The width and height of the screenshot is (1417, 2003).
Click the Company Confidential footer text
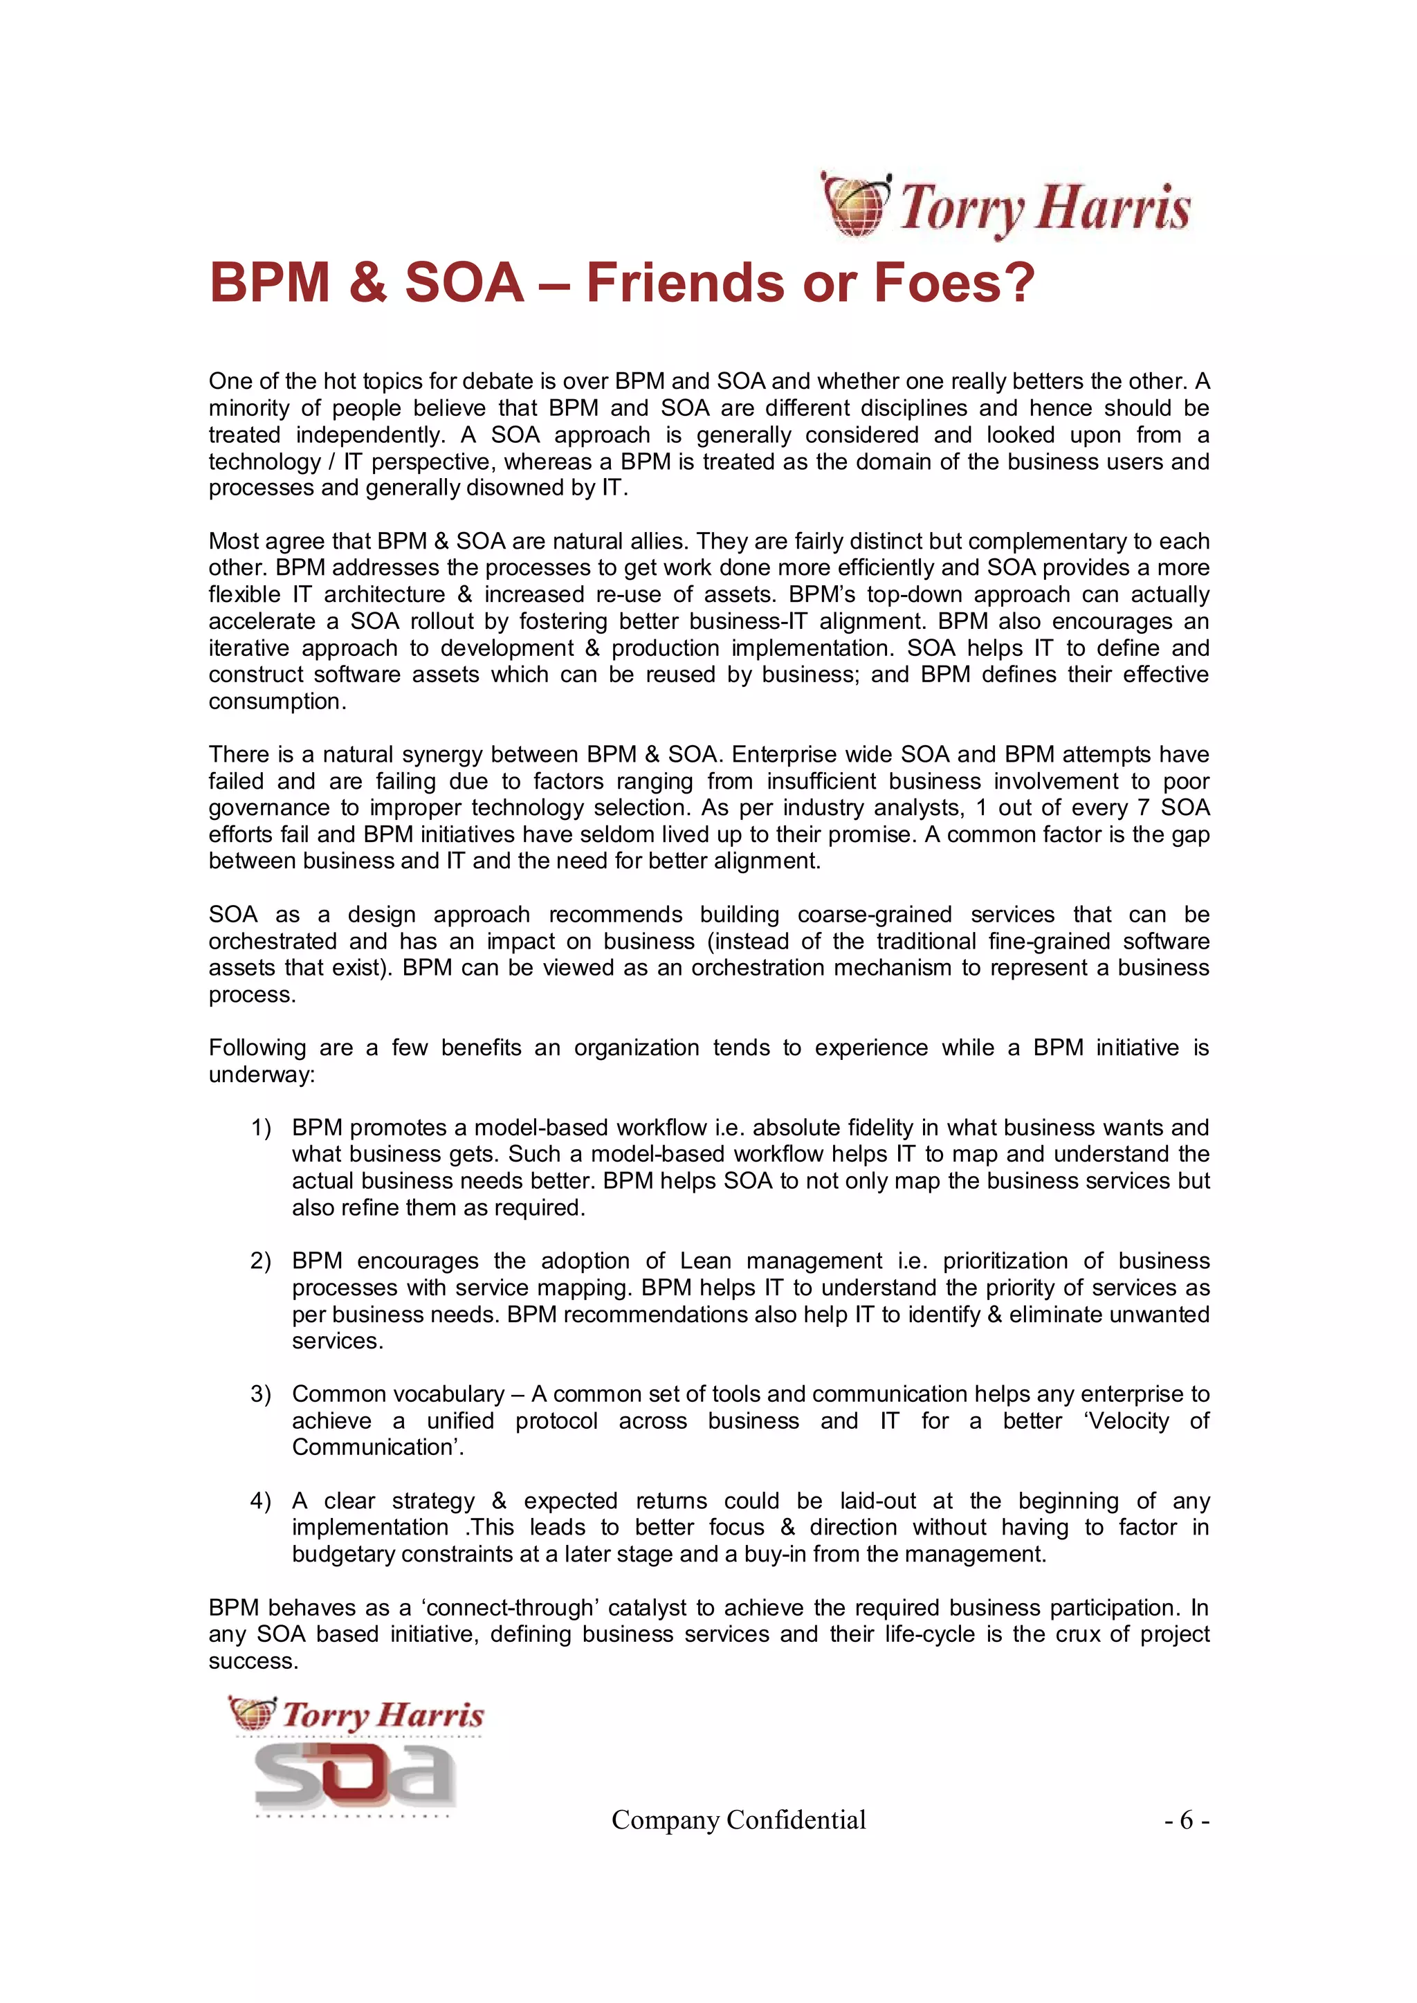[x=738, y=1820]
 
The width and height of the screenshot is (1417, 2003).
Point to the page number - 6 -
[x=1186, y=1820]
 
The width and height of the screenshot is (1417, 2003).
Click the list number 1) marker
[x=261, y=1128]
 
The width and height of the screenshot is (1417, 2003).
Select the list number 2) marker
[x=261, y=1261]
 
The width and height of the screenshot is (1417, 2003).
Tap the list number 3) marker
[x=261, y=1394]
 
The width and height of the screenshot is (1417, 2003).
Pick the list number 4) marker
[x=261, y=1501]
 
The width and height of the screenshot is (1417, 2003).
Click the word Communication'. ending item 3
[x=378, y=1448]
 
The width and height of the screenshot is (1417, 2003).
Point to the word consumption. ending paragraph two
[x=277, y=702]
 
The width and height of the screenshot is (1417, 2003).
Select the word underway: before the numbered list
[x=261, y=1074]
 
